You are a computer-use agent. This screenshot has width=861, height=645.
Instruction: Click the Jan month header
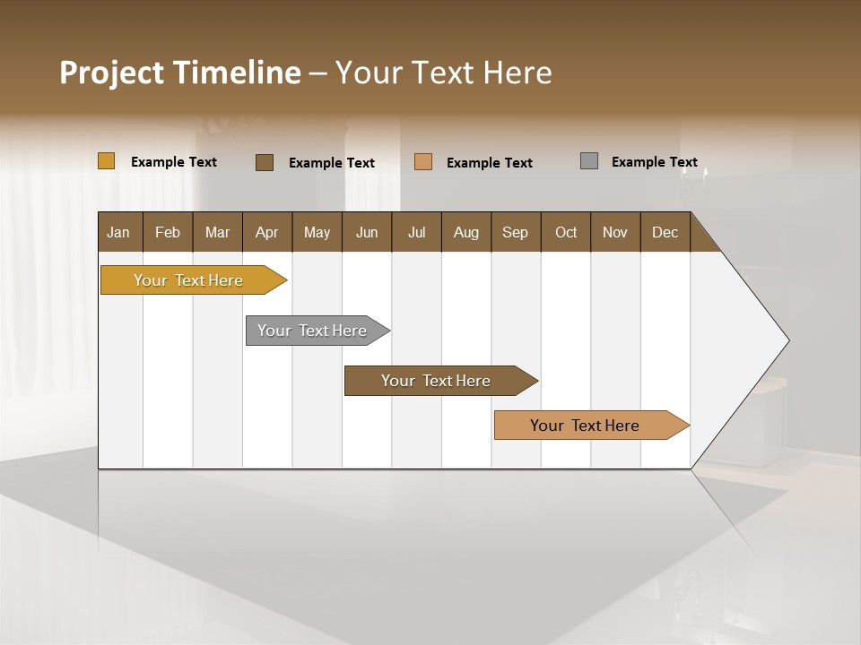pyautogui.click(x=119, y=232)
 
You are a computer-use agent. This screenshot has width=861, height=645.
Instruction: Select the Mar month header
pyautogui.click(x=217, y=232)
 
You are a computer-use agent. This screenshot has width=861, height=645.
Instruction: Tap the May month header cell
pyautogui.click(x=317, y=232)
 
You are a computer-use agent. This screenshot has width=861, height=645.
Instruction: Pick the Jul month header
pyautogui.click(x=416, y=232)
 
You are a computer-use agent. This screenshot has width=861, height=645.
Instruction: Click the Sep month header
pyautogui.click(x=515, y=232)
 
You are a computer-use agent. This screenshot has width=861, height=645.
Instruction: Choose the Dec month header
pyautogui.click(x=665, y=232)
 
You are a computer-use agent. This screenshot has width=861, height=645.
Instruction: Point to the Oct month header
pyautogui.click(x=565, y=232)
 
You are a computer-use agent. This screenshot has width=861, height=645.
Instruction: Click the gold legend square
pyautogui.click(x=106, y=161)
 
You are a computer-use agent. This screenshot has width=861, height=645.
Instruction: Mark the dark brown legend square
pyautogui.click(x=265, y=162)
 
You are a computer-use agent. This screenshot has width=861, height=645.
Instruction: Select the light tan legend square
pyautogui.click(x=423, y=162)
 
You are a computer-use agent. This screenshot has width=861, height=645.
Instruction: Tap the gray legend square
pyautogui.click(x=589, y=161)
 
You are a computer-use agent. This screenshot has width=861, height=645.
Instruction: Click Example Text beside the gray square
pyautogui.click(x=654, y=162)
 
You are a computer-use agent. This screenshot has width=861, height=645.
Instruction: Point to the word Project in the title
pyautogui.click(x=111, y=73)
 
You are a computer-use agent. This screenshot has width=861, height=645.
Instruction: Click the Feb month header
pyautogui.click(x=168, y=232)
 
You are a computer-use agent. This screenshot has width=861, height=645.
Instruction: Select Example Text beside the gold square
pyautogui.click(x=173, y=162)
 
